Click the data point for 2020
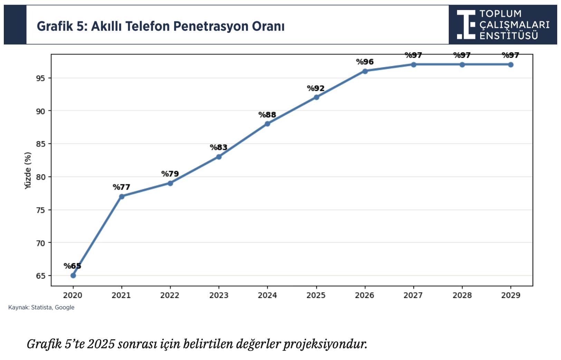pos(73,275)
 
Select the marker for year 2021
pos(122,196)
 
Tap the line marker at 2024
pos(267,124)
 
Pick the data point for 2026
pos(365,71)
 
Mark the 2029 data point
pos(511,65)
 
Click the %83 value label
pos(219,148)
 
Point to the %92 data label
pos(316,88)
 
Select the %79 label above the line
pos(170,174)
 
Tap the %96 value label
pos(365,62)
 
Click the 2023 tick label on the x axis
pos(219,295)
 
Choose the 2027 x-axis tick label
pos(413,295)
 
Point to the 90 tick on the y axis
pos(40,111)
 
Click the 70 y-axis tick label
pos(40,243)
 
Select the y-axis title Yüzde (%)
pos(28,170)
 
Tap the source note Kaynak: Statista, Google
pos(41,307)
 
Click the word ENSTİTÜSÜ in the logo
pos(508,36)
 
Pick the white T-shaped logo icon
pos(466,24)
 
